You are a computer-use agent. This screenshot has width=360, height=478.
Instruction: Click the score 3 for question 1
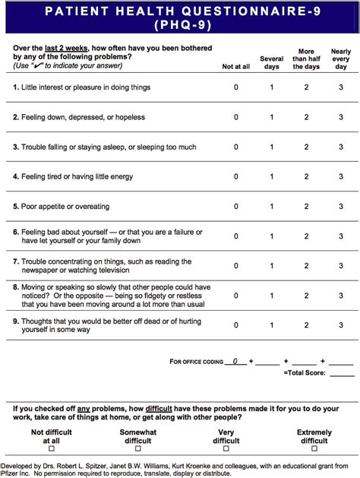click(x=341, y=87)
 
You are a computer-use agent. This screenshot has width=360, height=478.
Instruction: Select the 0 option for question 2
click(x=235, y=117)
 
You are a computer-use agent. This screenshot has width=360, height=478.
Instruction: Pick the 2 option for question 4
click(x=306, y=176)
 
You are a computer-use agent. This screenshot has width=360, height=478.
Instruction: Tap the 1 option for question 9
click(x=271, y=325)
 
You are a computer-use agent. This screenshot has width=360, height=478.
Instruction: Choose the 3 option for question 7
click(x=341, y=266)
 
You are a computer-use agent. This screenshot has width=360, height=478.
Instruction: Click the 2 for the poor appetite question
click(x=306, y=206)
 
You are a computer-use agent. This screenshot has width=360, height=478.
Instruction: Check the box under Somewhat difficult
click(x=137, y=449)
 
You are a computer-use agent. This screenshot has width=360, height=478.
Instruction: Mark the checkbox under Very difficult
click(x=226, y=449)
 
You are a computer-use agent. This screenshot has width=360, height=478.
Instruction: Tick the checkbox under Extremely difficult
click(x=314, y=449)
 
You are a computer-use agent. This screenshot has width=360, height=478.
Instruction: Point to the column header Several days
click(x=271, y=62)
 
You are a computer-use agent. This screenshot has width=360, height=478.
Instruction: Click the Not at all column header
click(x=235, y=67)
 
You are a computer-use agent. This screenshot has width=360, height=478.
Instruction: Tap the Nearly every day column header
click(x=341, y=58)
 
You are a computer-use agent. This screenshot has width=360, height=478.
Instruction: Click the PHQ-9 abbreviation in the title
click(x=180, y=24)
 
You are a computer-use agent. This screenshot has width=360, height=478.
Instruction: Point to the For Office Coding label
click(x=196, y=362)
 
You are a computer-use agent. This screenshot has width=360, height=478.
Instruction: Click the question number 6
click(x=15, y=231)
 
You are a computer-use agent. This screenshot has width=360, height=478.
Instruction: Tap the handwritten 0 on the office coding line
click(x=235, y=361)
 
